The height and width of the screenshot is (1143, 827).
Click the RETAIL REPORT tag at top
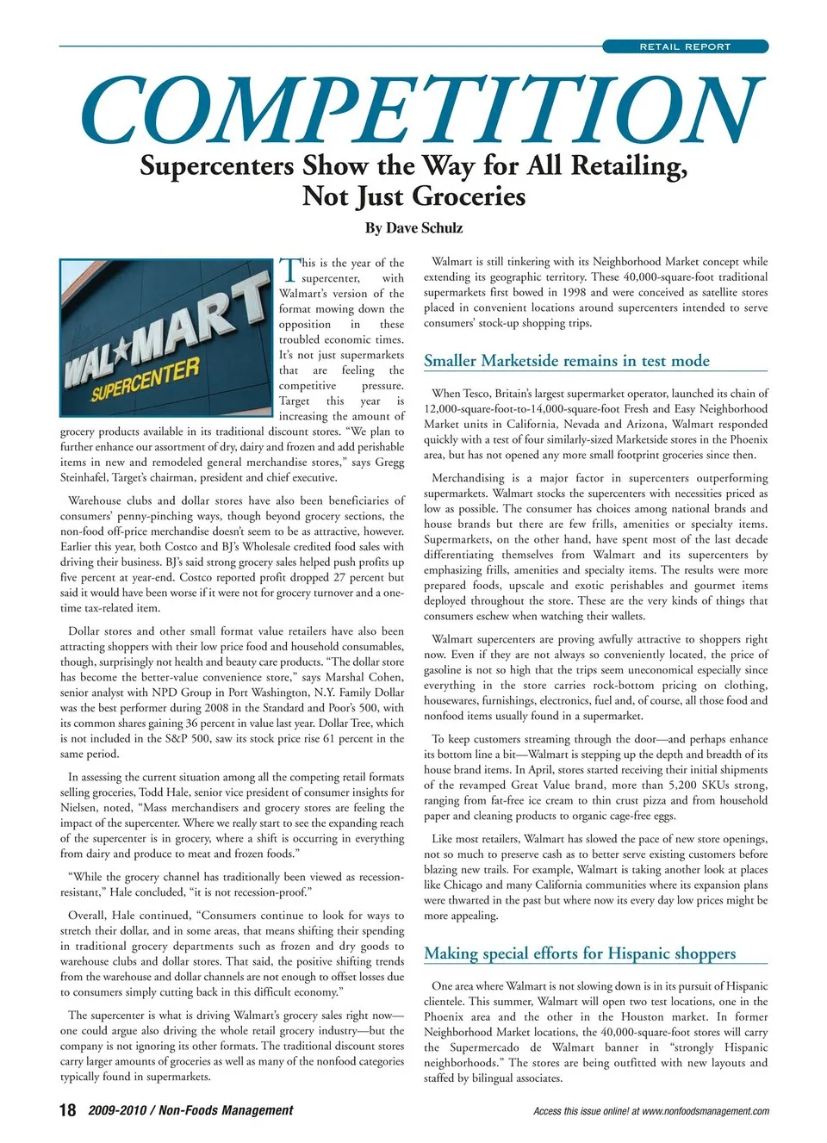685,47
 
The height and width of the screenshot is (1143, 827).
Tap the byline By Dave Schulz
413,228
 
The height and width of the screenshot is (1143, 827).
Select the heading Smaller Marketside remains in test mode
567,361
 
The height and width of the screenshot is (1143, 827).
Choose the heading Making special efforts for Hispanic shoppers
580,954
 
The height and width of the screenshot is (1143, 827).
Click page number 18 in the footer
67,1110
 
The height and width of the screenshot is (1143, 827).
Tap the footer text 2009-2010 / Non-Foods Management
190,1110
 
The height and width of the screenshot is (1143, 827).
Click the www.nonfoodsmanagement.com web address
706,1111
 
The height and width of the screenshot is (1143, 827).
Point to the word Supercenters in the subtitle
217,165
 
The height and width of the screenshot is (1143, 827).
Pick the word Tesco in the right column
478,393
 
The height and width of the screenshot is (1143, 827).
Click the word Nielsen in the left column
78,808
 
